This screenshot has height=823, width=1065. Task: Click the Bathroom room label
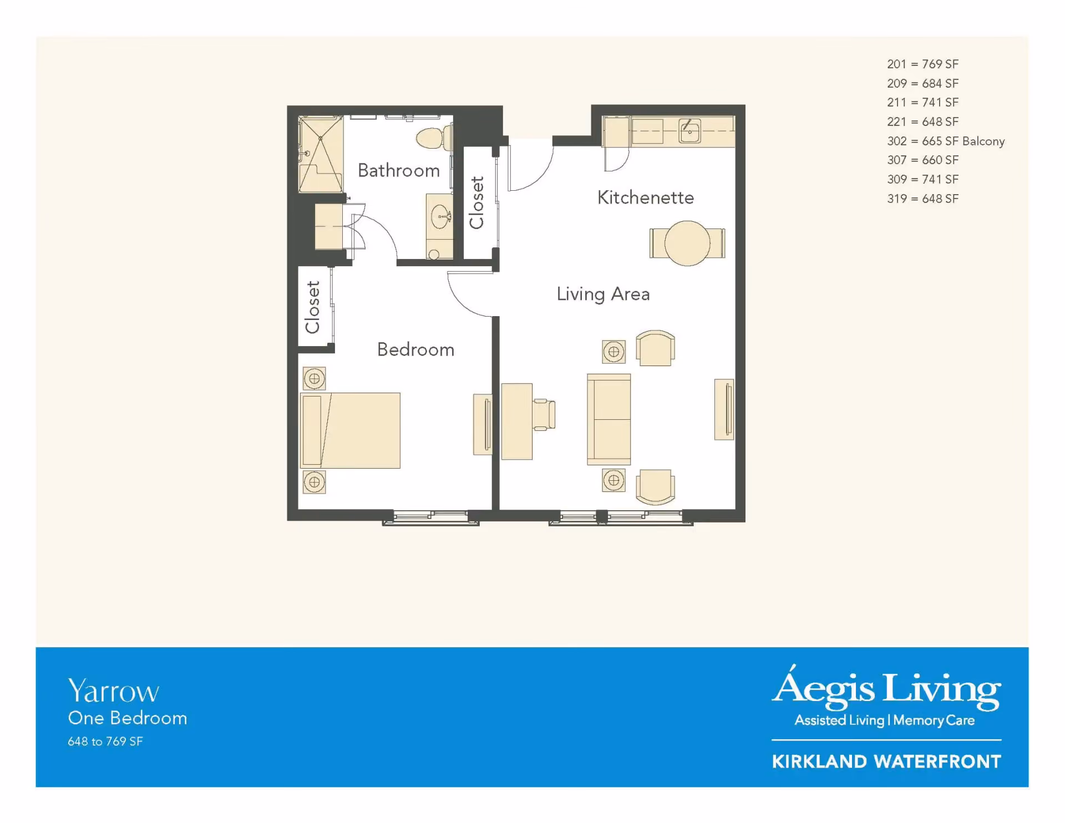tap(399, 170)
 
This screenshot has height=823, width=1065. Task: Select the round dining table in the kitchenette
tap(687, 243)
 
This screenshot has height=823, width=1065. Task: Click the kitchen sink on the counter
tap(689, 132)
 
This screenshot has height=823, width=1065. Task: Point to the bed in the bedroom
tap(350, 430)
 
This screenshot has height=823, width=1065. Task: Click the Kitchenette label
tap(646, 197)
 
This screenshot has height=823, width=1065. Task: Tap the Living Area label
tap(603, 294)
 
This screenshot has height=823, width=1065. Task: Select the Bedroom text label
tap(415, 349)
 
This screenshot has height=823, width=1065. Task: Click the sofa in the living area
tap(609, 419)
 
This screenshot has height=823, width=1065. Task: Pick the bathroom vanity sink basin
tap(441, 216)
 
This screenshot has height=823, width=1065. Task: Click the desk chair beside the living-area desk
tap(544, 414)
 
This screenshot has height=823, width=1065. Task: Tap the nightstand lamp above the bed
tap(315, 379)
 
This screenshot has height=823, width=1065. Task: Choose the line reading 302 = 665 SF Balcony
tap(946, 141)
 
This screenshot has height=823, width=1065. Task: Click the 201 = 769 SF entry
tap(922, 64)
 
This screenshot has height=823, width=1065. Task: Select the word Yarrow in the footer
tap(113, 692)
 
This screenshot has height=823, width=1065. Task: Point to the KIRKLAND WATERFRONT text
tap(886, 761)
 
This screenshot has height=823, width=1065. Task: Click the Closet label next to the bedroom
tap(312, 307)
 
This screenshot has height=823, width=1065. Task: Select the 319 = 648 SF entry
tap(922, 199)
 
